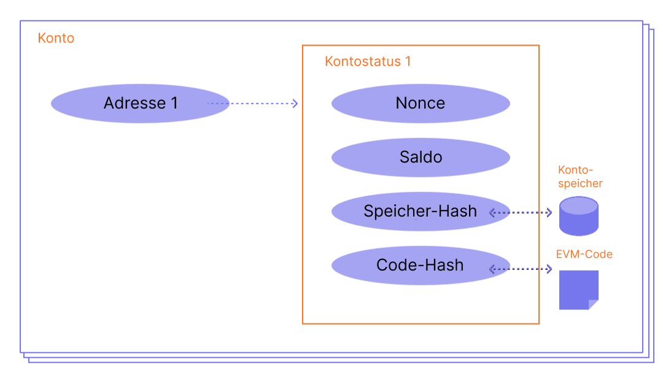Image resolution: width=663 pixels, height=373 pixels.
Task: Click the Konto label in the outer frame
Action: click(x=56, y=38)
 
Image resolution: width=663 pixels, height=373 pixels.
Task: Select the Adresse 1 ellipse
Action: click(x=140, y=104)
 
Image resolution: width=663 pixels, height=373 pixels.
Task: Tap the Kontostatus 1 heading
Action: click(x=367, y=61)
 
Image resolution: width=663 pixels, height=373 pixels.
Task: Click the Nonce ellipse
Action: click(x=421, y=104)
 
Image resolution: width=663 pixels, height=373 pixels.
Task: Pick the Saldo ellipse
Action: click(x=421, y=158)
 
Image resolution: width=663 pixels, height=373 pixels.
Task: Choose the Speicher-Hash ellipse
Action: click(x=421, y=212)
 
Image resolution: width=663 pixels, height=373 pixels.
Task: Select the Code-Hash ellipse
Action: click(x=421, y=266)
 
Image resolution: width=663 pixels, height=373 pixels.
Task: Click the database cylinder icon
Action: click(x=578, y=217)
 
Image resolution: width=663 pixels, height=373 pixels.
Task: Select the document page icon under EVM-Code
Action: click(x=578, y=289)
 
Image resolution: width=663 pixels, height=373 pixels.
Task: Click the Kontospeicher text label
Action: click(x=580, y=177)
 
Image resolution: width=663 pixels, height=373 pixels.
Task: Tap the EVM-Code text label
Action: click(x=584, y=254)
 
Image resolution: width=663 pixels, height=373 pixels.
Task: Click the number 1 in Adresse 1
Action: click(x=174, y=104)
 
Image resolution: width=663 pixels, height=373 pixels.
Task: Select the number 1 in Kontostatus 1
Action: click(x=408, y=61)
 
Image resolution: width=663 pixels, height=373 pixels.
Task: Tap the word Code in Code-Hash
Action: click(x=396, y=266)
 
